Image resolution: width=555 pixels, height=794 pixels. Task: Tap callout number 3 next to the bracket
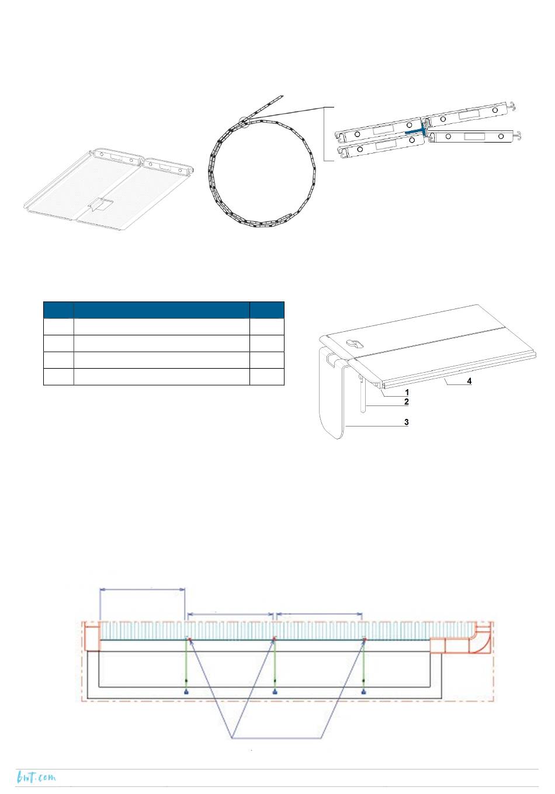click(x=406, y=422)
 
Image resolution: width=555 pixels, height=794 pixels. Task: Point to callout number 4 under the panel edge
click(x=469, y=382)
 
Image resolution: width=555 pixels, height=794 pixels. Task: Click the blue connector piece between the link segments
click(x=418, y=131)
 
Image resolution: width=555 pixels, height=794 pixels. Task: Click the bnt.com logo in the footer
click(x=36, y=777)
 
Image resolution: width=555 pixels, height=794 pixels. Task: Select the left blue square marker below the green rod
click(x=186, y=692)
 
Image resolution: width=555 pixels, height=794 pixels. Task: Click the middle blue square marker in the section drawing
click(x=275, y=692)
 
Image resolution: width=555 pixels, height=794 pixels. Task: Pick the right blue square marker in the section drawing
click(x=364, y=692)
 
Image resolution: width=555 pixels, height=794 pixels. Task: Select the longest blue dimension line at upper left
click(x=143, y=589)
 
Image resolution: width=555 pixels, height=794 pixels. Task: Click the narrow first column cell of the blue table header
click(x=58, y=310)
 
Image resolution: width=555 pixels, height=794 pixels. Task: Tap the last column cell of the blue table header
click(x=267, y=310)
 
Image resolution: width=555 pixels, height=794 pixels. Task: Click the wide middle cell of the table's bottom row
click(x=161, y=377)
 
